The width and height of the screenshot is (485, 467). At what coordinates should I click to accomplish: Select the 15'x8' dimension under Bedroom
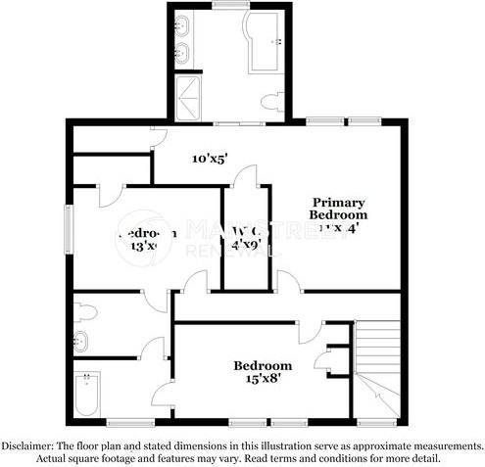(262, 381)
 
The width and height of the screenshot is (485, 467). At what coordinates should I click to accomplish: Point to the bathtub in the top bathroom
(266, 42)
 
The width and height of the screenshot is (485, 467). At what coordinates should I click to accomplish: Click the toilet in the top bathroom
(274, 101)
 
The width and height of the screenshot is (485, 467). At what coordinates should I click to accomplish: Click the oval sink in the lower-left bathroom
(81, 342)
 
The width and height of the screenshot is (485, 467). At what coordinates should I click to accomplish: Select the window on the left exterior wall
(68, 232)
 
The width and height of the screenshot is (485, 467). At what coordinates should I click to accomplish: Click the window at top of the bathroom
(229, 6)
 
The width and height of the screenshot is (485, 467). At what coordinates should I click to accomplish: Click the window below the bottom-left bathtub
(125, 423)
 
